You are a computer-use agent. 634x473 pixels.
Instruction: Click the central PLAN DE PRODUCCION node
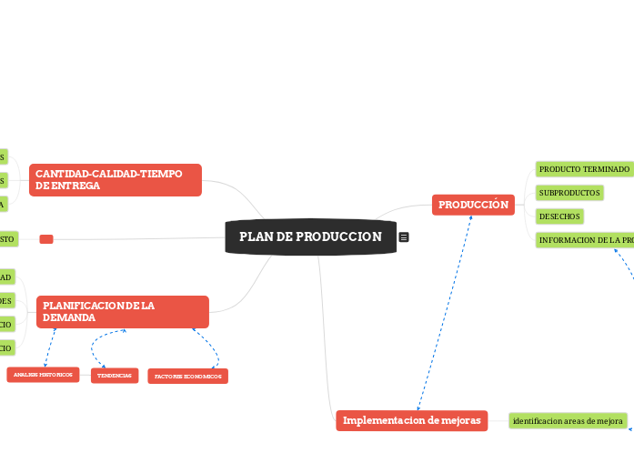coord(310,236)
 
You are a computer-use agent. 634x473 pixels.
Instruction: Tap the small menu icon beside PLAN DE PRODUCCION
coord(404,237)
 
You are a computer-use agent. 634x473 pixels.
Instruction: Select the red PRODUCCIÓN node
coord(473,206)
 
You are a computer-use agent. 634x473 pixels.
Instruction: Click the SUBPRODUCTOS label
coord(569,193)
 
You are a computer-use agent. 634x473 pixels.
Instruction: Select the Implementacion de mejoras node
coord(412,420)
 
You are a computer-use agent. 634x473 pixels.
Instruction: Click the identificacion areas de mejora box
coord(568,421)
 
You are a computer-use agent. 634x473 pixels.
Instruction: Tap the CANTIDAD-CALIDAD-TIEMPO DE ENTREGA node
coord(115,179)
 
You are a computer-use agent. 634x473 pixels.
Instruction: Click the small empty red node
coord(46,239)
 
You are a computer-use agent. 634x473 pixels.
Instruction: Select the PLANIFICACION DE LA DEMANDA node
coord(122,312)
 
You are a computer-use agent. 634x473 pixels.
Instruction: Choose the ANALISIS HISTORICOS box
coord(43,375)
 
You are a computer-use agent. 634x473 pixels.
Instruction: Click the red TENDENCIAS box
coord(115,376)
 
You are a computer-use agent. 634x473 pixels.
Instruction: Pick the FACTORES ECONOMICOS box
coord(187,376)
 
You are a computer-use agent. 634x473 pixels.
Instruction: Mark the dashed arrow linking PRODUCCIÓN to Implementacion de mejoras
coord(444,314)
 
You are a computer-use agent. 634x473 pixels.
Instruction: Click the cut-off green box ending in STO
coord(8,238)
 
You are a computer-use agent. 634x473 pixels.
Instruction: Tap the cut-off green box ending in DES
coord(7,300)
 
